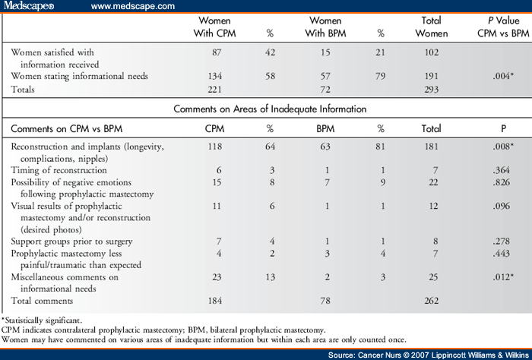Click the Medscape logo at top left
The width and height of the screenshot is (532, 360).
30,7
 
